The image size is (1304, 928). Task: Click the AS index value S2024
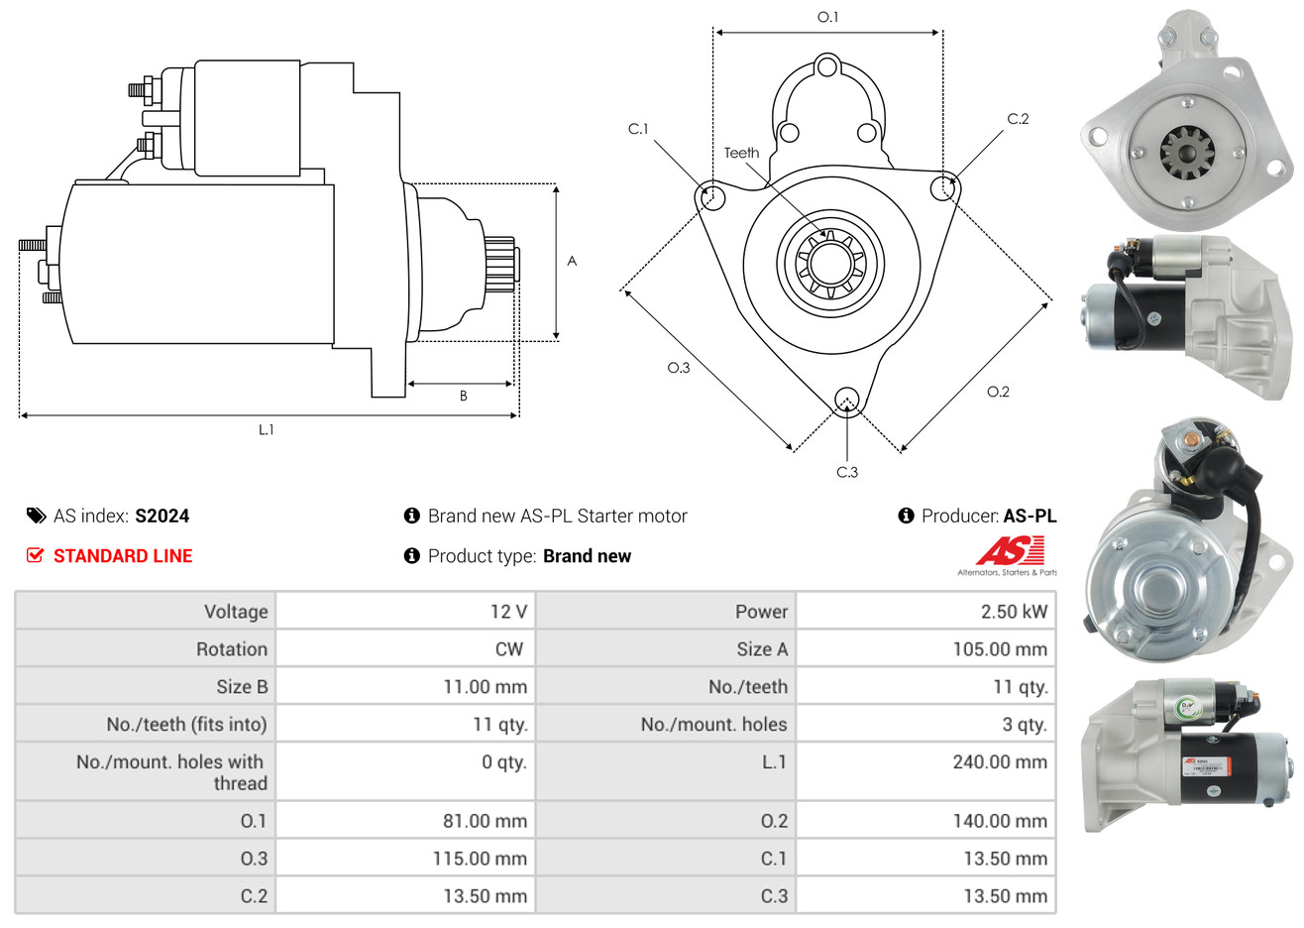click(162, 517)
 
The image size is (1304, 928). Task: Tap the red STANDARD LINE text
click(123, 556)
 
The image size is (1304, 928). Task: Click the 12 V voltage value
click(508, 612)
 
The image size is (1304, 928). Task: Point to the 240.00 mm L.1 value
click(1000, 762)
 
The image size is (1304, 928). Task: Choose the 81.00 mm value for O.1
click(485, 821)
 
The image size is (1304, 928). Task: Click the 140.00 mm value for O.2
click(1000, 821)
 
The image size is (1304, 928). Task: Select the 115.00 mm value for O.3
click(480, 859)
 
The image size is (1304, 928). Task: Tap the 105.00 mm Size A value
click(1000, 649)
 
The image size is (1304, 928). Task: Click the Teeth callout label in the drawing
click(741, 153)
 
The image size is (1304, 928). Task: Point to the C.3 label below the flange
click(847, 472)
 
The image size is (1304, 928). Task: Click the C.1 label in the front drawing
click(638, 129)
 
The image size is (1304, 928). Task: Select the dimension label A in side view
click(572, 261)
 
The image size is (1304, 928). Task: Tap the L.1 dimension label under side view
click(266, 430)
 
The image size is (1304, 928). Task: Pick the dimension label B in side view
click(464, 397)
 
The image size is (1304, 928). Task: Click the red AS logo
click(1011, 551)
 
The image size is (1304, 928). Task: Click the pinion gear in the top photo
click(1187, 154)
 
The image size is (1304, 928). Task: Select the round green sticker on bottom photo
click(1186, 707)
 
